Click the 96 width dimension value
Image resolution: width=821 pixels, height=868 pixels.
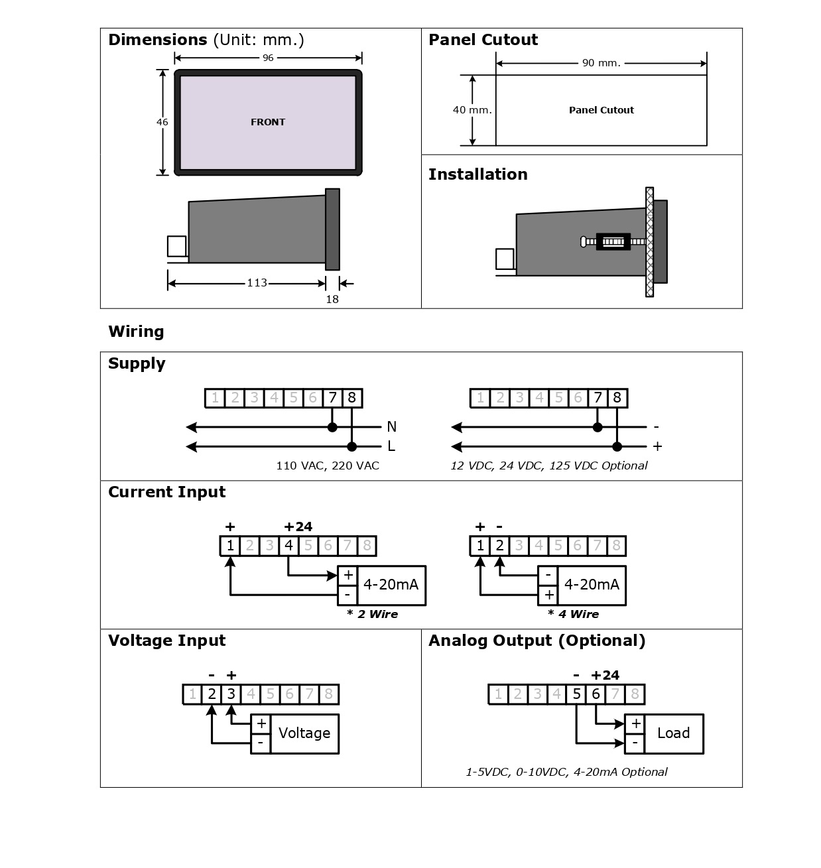coord(268,58)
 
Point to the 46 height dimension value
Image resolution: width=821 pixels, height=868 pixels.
coord(162,122)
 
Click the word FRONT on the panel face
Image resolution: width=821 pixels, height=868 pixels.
coord(268,122)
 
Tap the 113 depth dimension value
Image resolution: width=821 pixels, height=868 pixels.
coord(257,282)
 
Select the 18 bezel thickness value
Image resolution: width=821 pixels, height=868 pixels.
coord(332,299)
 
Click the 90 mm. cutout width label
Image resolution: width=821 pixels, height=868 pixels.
coord(601,63)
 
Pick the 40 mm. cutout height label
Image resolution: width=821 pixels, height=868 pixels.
coord(472,110)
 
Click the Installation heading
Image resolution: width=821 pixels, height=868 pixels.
coord(478,174)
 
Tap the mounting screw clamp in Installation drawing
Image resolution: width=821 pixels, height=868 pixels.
coord(613,241)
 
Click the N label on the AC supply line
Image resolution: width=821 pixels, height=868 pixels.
coord(391,426)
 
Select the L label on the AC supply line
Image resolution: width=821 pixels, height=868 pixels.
coord(391,446)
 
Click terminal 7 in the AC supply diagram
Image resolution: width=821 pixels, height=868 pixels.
coord(332,398)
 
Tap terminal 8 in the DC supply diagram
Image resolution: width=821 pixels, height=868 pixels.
coord(617,398)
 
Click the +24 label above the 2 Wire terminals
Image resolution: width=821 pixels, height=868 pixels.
coord(298,527)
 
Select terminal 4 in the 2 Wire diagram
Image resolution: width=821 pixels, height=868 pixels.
coord(288,546)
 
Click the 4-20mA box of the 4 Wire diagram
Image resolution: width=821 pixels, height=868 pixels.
coord(592,585)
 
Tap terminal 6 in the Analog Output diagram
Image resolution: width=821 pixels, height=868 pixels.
coord(596,694)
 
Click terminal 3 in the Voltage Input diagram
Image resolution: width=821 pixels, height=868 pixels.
coord(231,694)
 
